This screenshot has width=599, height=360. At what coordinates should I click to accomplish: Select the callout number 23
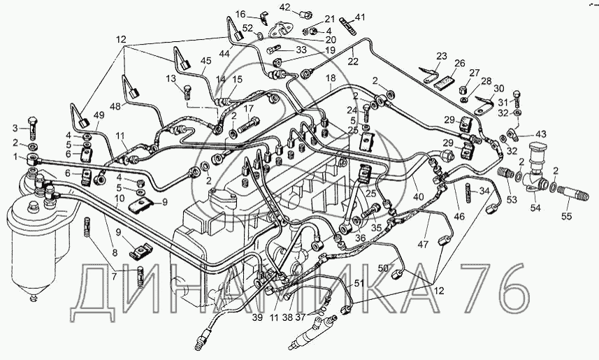tap(441, 55)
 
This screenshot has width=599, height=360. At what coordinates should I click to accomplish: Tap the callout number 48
tap(115, 106)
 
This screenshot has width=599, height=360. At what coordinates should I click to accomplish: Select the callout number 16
tap(240, 14)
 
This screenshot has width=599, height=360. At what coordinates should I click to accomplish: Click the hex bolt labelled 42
tap(305, 12)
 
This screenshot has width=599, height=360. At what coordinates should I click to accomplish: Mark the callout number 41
tap(360, 17)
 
